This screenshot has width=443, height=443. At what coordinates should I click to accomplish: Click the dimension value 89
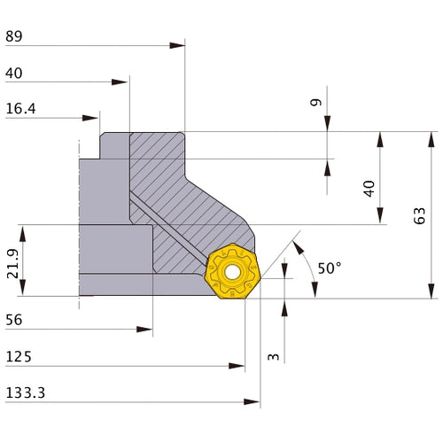[13, 36]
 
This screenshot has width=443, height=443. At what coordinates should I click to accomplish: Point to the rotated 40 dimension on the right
[369, 188]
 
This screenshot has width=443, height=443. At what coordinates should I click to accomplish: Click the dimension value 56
[13, 320]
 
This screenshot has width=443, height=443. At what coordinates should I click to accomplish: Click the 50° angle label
[329, 268]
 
